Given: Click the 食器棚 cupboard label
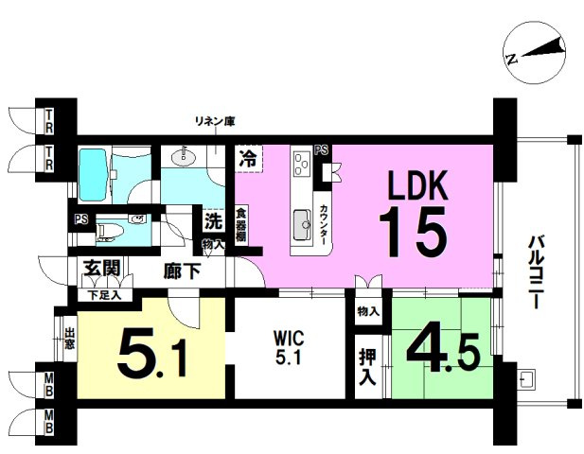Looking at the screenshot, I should [242, 224].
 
